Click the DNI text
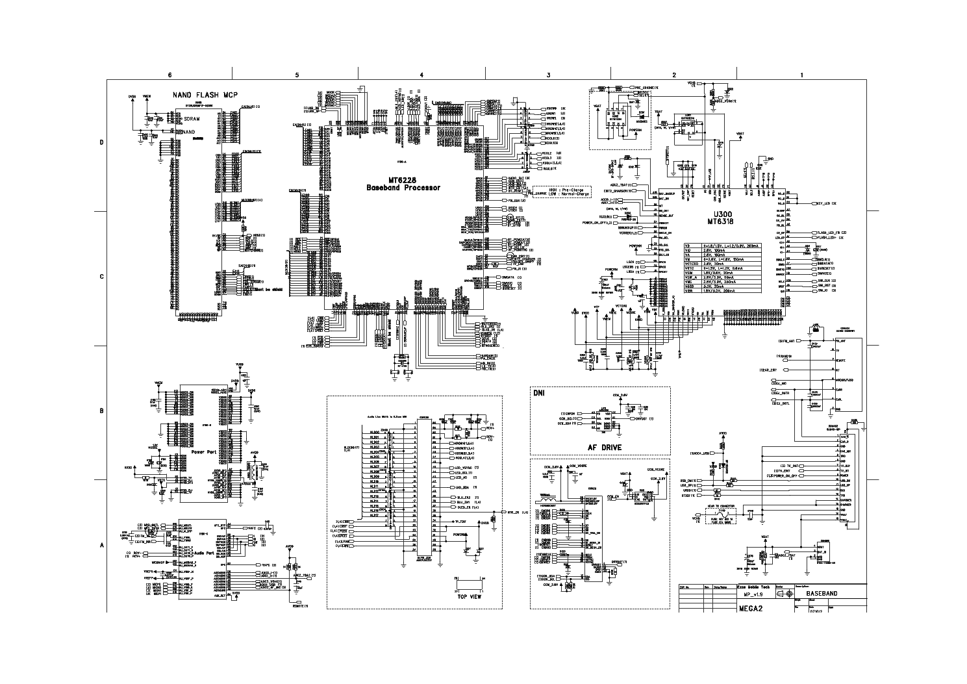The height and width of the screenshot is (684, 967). click(539, 394)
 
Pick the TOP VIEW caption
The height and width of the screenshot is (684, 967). click(469, 596)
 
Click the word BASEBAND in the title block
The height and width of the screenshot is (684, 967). click(822, 594)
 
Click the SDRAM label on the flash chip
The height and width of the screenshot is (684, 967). click(192, 120)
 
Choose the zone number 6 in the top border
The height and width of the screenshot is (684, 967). click(170, 75)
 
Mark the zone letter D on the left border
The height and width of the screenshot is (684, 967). click(101, 142)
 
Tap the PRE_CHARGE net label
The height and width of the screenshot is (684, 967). click(646, 87)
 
